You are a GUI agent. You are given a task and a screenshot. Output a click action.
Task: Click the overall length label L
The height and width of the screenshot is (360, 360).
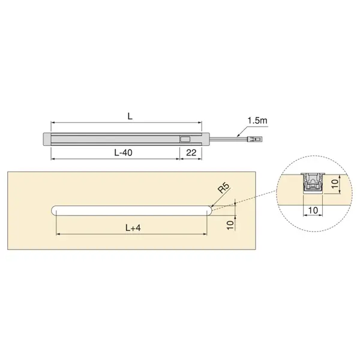click(x=130, y=116)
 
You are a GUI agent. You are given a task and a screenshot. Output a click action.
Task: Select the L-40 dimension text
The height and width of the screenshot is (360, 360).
click(x=123, y=153)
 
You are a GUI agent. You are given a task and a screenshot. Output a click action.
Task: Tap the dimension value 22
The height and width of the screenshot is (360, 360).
click(x=191, y=153)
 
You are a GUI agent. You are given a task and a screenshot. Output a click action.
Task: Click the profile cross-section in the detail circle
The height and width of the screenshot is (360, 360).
click(x=313, y=181)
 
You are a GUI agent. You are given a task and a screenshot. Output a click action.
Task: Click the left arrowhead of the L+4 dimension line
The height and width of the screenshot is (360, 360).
click(x=57, y=234)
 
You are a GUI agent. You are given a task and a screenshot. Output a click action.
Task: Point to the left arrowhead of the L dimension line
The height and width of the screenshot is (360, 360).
click(x=52, y=123)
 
